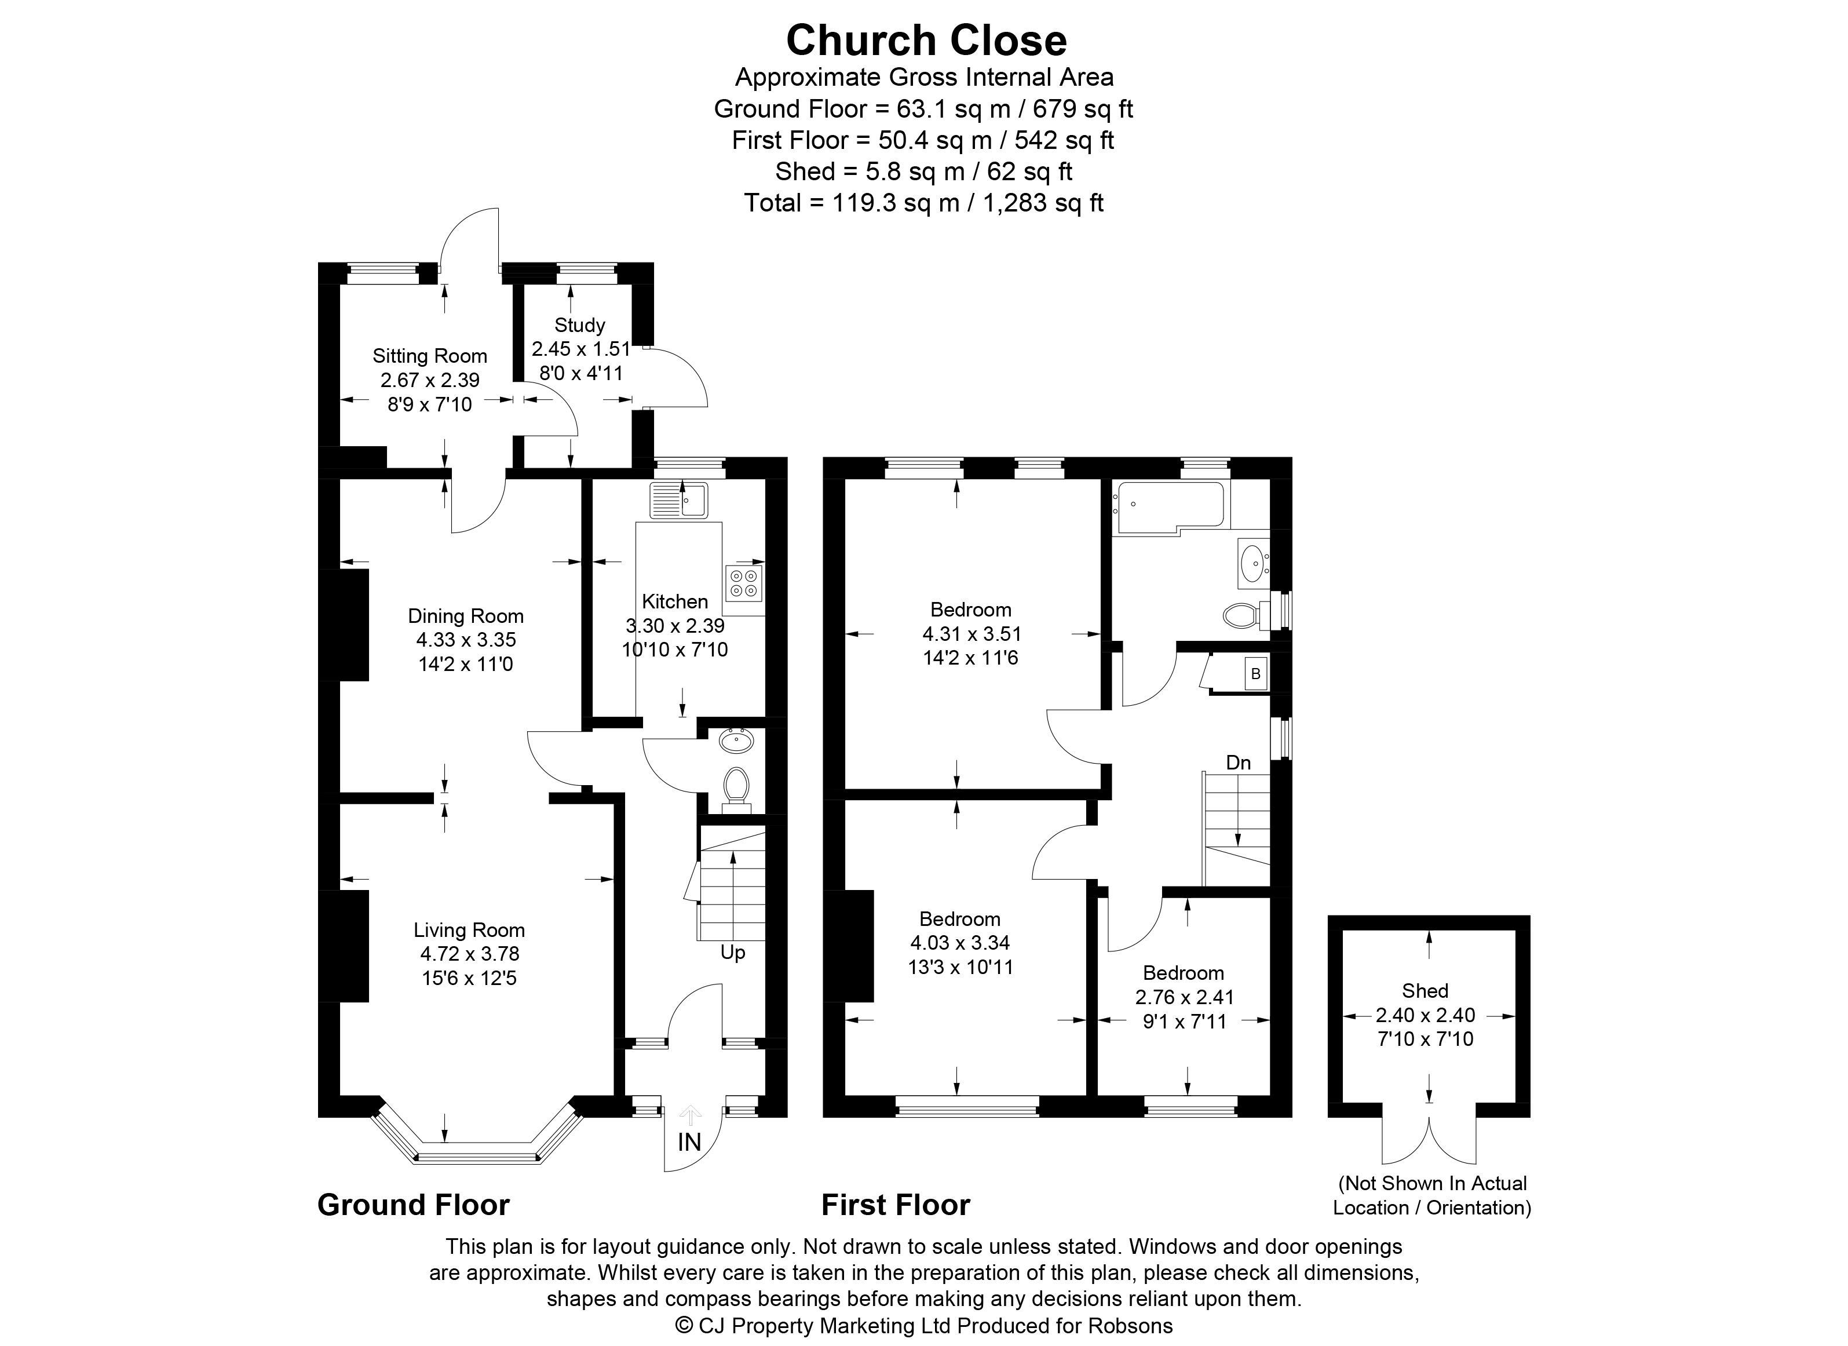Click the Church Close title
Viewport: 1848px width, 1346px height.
[926, 40]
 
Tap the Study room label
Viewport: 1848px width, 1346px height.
[579, 325]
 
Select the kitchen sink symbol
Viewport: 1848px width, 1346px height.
[679, 499]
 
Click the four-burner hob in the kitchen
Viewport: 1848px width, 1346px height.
[743, 582]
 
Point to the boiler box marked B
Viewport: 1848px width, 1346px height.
[1255, 674]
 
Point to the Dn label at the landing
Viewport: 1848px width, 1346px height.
[1239, 763]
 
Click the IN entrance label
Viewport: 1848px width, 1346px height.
[689, 1142]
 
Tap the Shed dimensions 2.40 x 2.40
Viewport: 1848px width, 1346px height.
[1426, 1015]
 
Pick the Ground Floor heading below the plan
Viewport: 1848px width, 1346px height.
[413, 1205]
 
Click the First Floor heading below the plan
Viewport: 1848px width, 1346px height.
[896, 1205]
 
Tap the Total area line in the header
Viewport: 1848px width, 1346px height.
[924, 202]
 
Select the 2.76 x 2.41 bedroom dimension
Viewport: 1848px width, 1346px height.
[1185, 997]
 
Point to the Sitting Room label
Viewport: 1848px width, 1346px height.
[430, 356]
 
